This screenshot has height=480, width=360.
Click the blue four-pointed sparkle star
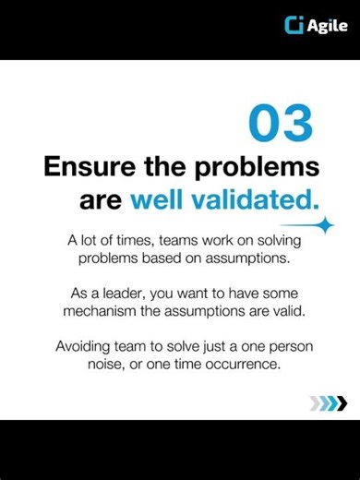[x=323, y=224]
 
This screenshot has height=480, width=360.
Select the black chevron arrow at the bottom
[x=342, y=402]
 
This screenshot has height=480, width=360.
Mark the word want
[x=214, y=293]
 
